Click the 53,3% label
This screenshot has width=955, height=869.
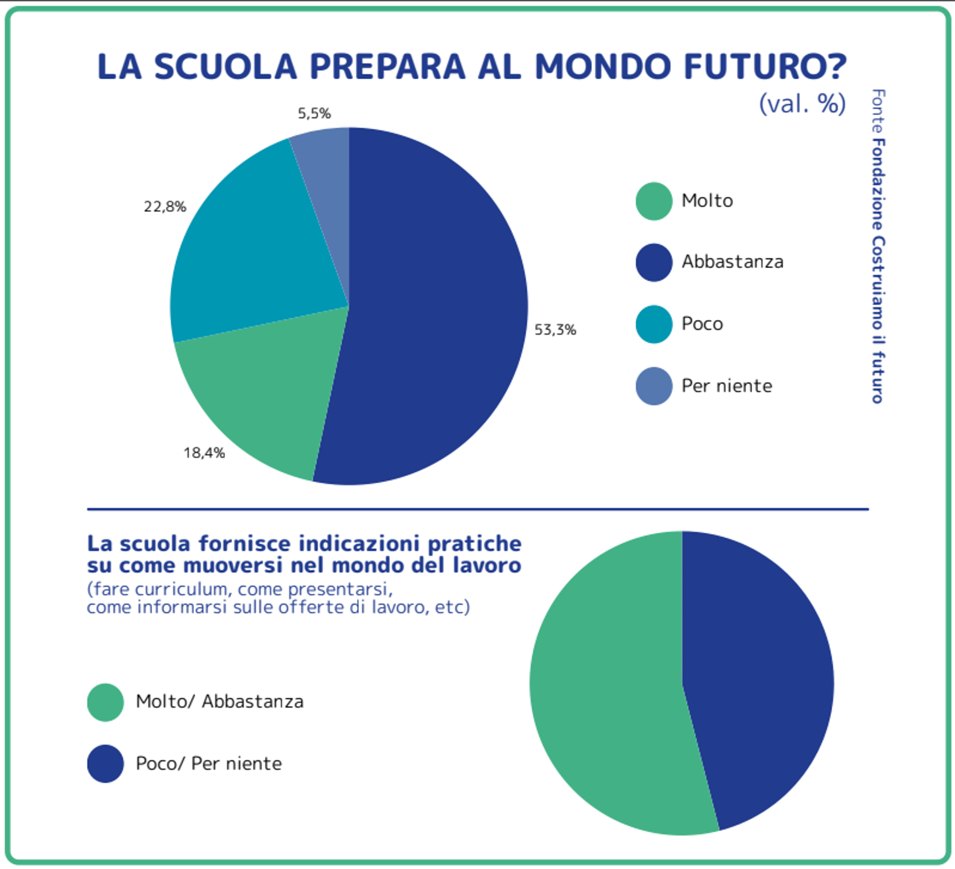[555, 329]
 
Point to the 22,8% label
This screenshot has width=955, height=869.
[165, 206]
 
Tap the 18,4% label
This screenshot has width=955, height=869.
[204, 453]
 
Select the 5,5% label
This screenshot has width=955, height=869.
[314, 113]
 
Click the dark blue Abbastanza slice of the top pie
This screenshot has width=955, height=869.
[433, 308]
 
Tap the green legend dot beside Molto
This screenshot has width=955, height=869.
[654, 201]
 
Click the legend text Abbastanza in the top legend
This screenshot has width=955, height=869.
[732, 262]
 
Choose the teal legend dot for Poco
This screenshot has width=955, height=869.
[654, 324]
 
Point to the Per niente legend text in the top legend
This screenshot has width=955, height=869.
[727, 386]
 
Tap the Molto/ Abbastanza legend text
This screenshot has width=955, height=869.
[219, 701]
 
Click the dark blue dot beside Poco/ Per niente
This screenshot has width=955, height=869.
[105, 764]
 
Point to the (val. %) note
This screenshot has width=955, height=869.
[802, 103]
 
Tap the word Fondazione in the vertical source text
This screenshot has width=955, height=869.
[878, 185]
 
